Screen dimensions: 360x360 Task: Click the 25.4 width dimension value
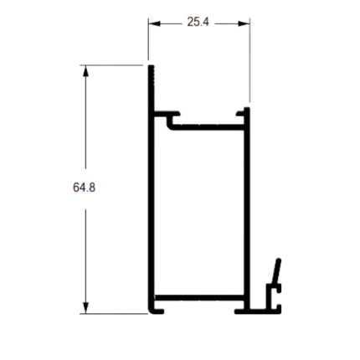pyautogui.click(x=198, y=22)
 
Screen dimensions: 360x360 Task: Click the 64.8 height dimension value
pyautogui.click(x=84, y=188)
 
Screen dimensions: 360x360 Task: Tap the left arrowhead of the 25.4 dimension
pyautogui.click(x=154, y=23)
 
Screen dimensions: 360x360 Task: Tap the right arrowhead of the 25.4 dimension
pyautogui.click(x=244, y=23)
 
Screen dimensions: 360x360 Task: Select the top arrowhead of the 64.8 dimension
pyautogui.click(x=85, y=70)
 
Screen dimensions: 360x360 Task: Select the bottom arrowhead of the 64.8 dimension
pyautogui.click(x=85, y=308)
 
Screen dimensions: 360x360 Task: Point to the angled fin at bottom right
pyautogui.click(x=276, y=271)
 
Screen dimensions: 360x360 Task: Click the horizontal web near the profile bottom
pyautogui.click(x=199, y=297)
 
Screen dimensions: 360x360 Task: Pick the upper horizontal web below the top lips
pyautogui.click(x=208, y=127)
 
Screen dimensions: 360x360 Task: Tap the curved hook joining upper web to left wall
pyautogui.click(x=170, y=123)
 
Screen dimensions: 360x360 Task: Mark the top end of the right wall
pyautogui.click(x=247, y=108)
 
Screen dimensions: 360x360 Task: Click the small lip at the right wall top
pyautogui.click(x=240, y=114)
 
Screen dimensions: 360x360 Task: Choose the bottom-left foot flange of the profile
pyautogui.click(x=157, y=311)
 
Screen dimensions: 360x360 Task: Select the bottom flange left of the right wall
pyautogui.click(x=239, y=311)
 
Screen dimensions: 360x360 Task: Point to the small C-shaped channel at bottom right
pyautogui.click(x=274, y=298)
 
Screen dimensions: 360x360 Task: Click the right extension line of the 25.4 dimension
pyautogui.click(x=249, y=60)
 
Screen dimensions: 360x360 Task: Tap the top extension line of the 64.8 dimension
pyautogui.click(x=111, y=65)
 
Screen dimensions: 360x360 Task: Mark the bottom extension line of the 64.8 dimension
pyautogui.click(x=114, y=314)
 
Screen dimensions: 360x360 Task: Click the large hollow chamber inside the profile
pyautogui.click(x=199, y=212)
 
